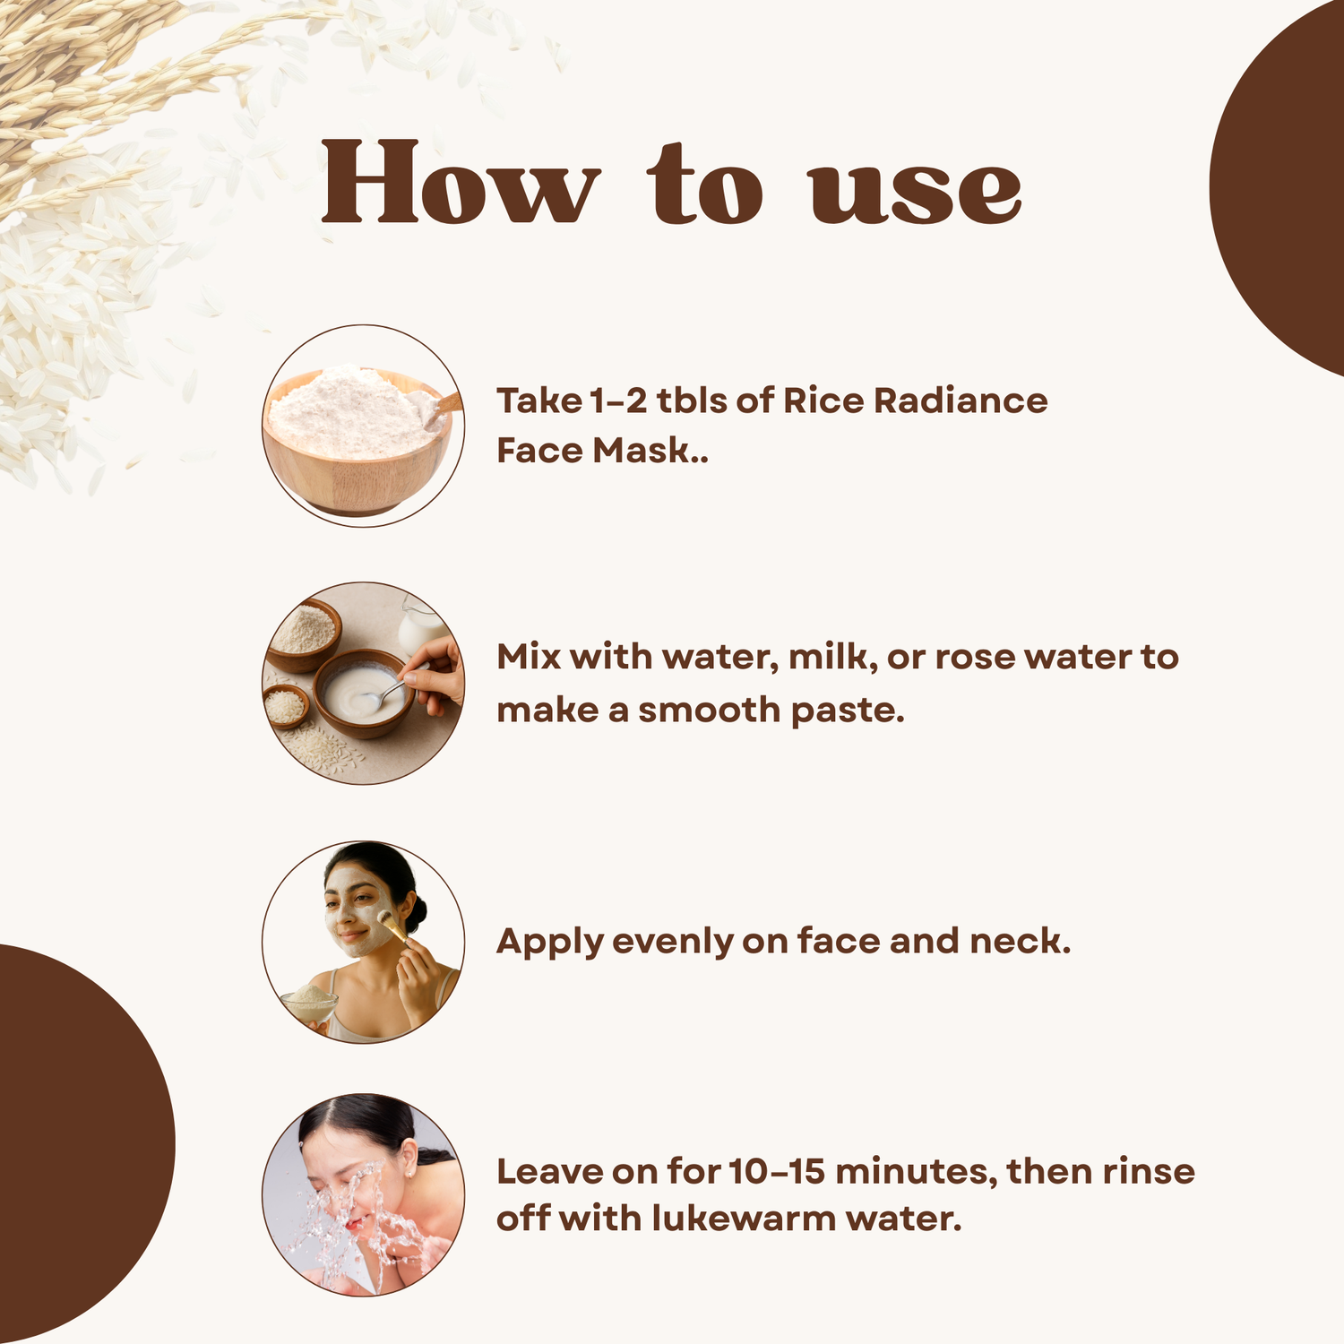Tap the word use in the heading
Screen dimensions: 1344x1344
[x=916, y=192]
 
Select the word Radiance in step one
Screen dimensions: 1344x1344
[x=961, y=401]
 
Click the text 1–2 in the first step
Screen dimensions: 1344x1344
[x=618, y=401]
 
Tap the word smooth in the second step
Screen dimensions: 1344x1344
[x=709, y=711]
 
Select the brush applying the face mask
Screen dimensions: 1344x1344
[x=392, y=926]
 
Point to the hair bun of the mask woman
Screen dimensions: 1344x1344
[x=417, y=912]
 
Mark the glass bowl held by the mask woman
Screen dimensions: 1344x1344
[x=309, y=1004]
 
